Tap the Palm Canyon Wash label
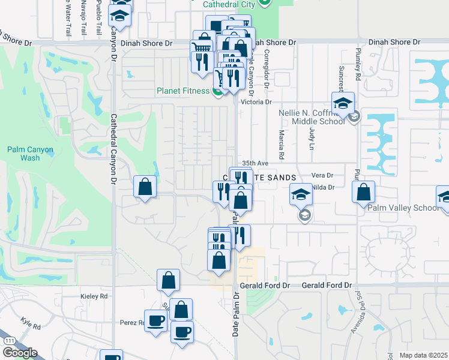[x=29, y=154]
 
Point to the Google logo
[x=19, y=352]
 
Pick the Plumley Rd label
[x=357, y=64]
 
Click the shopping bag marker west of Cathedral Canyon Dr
[x=145, y=187]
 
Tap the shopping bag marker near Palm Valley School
[x=363, y=193]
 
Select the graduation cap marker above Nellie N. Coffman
[x=343, y=103]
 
